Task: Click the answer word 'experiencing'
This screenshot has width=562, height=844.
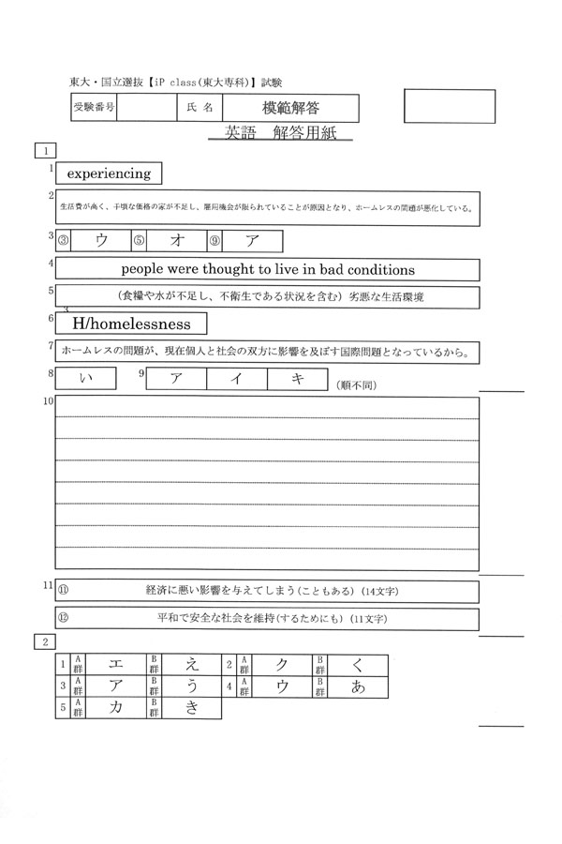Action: point(109,173)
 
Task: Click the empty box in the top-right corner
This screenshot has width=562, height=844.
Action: point(449,106)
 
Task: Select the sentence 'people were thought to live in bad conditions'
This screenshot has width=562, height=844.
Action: point(268,269)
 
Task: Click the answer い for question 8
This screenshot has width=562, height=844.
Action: point(86,378)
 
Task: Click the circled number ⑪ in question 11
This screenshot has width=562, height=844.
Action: point(64,590)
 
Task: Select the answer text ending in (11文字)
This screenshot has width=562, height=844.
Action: point(272,620)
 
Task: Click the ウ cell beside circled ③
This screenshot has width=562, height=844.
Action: point(101,240)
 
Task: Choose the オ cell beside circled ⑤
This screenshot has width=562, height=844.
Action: point(175,240)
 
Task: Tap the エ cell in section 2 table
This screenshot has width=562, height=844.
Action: point(116,665)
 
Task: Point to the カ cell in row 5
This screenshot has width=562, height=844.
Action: point(116,708)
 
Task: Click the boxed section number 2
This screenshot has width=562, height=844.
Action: point(44,641)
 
